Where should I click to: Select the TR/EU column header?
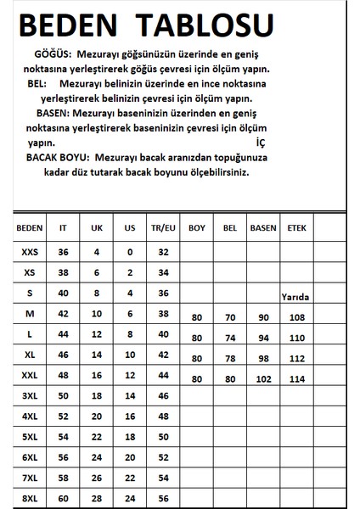coord(163,229)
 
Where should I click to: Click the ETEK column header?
coord(296,229)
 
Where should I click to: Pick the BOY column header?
coord(196,229)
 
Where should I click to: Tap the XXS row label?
coord(30,252)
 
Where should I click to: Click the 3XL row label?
coord(30,396)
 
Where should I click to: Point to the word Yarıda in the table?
coord(296,297)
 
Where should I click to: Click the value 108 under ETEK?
coord(296,318)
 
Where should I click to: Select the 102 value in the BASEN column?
coord(260,379)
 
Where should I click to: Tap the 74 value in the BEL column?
coord(229,338)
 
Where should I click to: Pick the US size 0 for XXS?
coord(129,252)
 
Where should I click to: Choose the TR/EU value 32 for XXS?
coord(163,252)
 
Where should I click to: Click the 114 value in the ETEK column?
coord(296,379)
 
